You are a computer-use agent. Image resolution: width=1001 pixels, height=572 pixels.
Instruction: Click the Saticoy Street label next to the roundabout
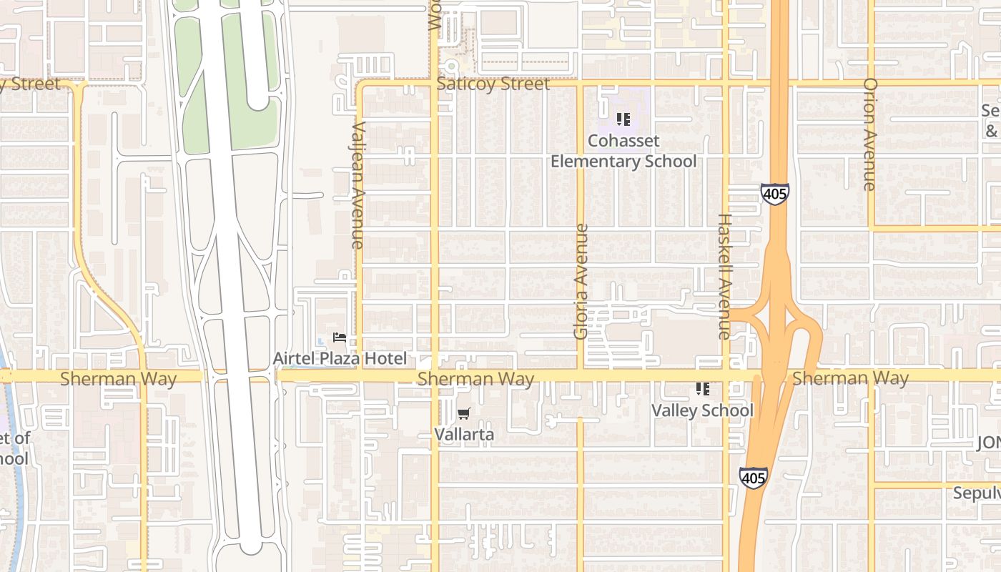click(493, 84)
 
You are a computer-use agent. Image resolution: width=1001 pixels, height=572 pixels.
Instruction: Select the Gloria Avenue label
click(581, 282)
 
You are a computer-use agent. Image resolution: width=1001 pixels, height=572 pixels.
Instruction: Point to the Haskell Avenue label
click(724, 276)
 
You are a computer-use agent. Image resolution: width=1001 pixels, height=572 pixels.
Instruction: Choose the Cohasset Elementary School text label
click(623, 151)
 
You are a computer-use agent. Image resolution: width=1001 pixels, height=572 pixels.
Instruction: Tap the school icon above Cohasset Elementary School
click(623, 119)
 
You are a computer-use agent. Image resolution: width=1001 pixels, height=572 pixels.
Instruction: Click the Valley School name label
click(701, 410)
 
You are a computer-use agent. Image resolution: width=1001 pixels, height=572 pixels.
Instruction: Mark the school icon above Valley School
click(702, 389)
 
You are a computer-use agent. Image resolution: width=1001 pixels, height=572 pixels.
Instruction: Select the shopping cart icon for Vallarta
click(464, 413)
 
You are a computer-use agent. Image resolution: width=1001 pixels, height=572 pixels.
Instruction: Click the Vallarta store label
click(464, 434)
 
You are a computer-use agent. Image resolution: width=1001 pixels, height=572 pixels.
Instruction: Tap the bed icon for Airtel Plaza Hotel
click(340, 337)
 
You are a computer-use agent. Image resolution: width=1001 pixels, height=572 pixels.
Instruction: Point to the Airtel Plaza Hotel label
click(340, 358)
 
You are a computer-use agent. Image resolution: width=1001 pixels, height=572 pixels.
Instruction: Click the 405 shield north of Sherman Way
click(774, 193)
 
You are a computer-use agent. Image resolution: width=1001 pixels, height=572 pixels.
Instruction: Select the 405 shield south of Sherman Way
click(754, 477)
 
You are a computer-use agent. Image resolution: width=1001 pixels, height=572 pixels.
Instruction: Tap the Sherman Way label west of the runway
click(118, 378)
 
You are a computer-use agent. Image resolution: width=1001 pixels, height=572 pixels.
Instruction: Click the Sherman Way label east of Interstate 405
click(850, 378)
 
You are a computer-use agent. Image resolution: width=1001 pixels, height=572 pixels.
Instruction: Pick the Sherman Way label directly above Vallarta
click(475, 378)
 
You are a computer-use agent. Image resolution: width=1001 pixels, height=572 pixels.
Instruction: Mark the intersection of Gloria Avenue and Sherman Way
click(580, 375)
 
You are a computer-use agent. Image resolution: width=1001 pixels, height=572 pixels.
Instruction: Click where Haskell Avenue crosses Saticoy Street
click(725, 84)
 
